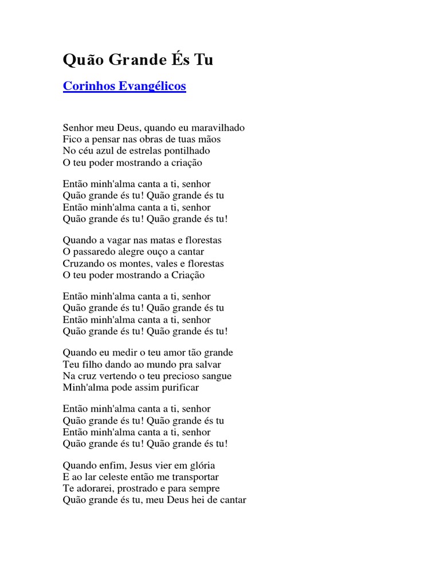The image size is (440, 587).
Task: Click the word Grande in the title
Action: (x=135, y=60)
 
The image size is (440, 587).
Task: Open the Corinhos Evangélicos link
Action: (x=124, y=87)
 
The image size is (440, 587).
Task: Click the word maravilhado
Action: (x=220, y=128)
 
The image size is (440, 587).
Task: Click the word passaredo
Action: (x=94, y=252)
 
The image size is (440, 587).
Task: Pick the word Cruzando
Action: (x=82, y=264)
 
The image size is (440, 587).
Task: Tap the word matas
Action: (x=156, y=240)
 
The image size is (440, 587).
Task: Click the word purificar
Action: (x=177, y=388)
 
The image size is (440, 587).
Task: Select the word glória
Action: (x=199, y=465)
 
